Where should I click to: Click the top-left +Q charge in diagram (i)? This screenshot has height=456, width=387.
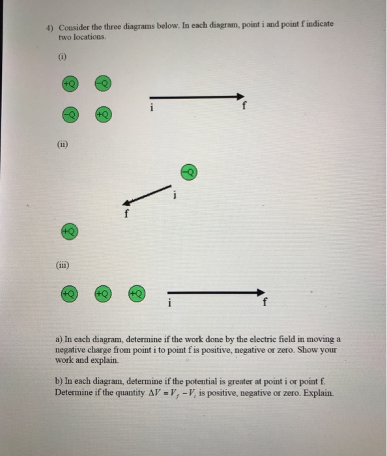pyautogui.click(x=70, y=83)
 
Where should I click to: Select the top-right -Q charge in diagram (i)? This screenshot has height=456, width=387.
pyautogui.click(x=103, y=83)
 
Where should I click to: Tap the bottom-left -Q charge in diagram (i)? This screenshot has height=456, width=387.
pyautogui.click(x=70, y=113)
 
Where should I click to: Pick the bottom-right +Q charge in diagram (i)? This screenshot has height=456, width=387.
pyautogui.click(x=103, y=113)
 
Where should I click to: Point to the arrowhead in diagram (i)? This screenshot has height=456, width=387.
pyautogui.click(x=239, y=97)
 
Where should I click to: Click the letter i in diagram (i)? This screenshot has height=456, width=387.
pyautogui.click(x=152, y=107)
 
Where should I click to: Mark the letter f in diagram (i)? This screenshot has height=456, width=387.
pyautogui.click(x=244, y=108)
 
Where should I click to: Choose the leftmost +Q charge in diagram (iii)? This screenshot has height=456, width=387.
pyautogui.click(x=70, y=294)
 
